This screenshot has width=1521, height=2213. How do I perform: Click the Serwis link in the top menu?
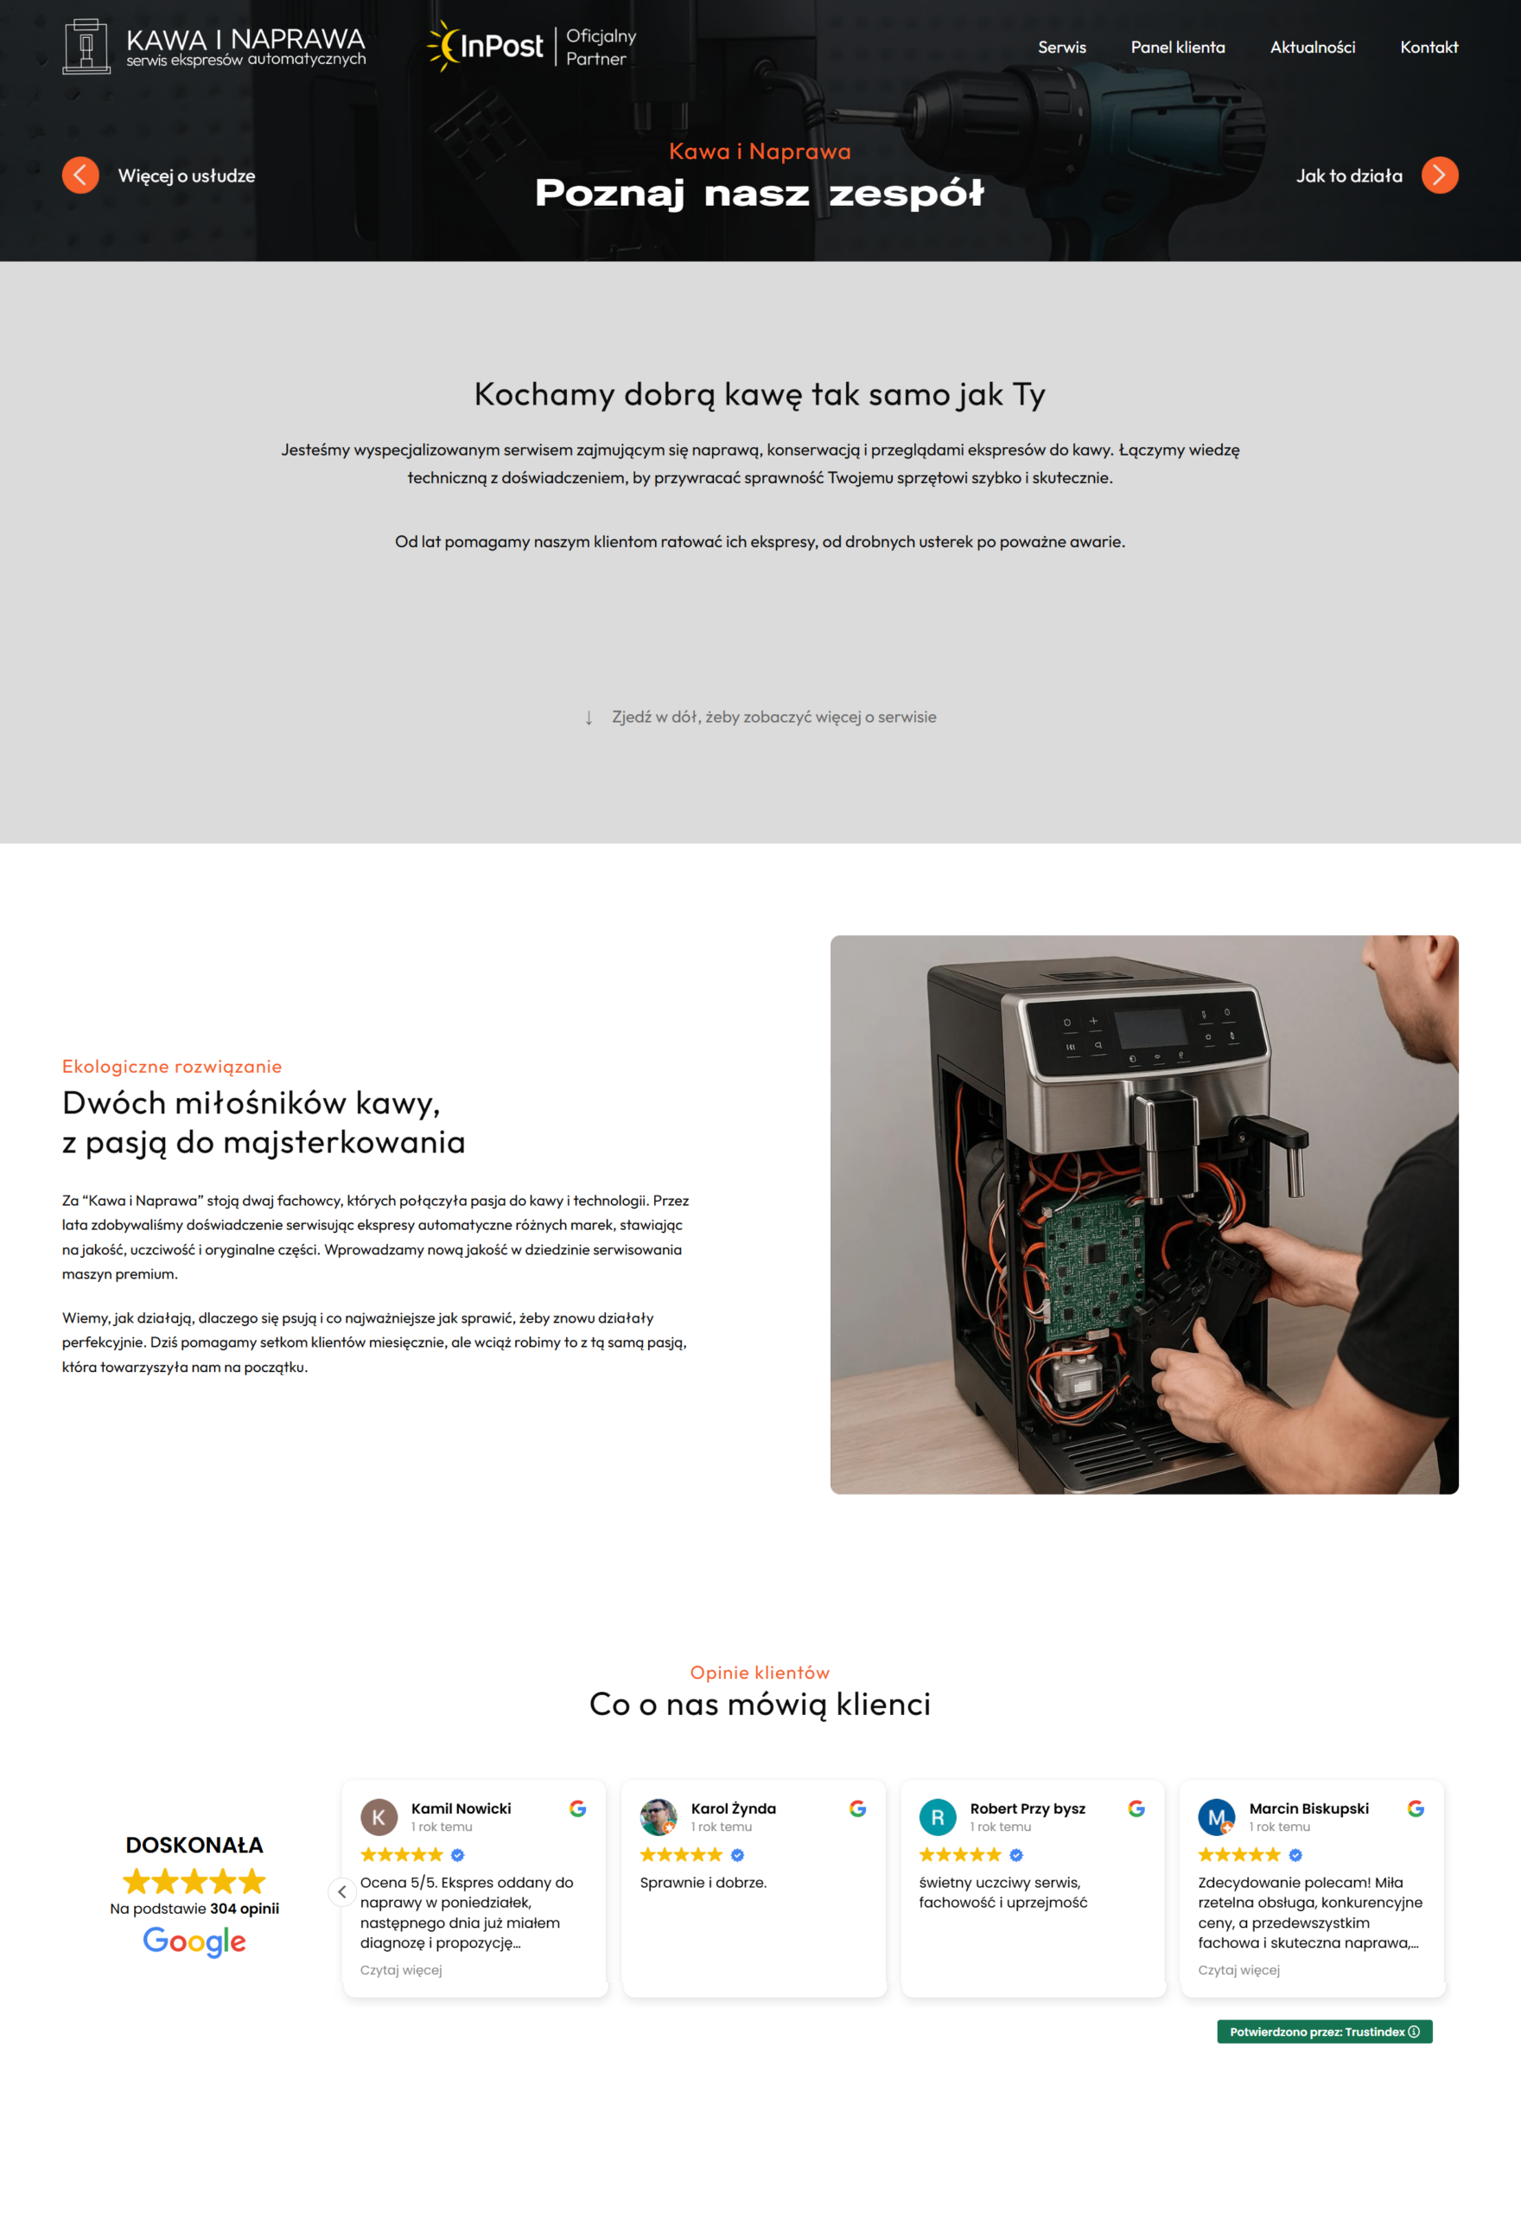[x=1061, y=48]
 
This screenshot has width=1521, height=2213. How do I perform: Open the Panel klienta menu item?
[x=1178, y=48]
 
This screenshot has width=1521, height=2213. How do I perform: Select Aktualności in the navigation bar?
[x=1312, y=48]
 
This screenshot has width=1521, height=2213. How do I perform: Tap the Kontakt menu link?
[x=1429, y=48]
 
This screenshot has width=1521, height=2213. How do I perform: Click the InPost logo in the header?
[x=486, y=46]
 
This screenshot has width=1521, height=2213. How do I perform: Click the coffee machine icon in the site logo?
[x=86, y=46]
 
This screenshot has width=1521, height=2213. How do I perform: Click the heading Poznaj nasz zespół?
[x=760, y=194]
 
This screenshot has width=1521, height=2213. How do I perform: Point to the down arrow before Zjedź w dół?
[x=589, y=717]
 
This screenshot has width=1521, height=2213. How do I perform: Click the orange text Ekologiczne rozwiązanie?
[x=171, y=1067]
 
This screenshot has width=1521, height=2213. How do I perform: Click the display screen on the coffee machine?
[x=1151, y=1027]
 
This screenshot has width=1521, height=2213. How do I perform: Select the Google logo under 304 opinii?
[x=194, y=1942]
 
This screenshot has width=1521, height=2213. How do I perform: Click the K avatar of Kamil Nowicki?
[x=379, y=1816]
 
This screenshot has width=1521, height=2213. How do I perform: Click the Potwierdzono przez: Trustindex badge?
[x=1325, y=2032]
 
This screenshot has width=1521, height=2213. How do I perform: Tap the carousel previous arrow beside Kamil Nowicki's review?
[x=342, y=1891]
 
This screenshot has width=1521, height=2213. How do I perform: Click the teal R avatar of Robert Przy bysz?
[x=938, y=1816]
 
